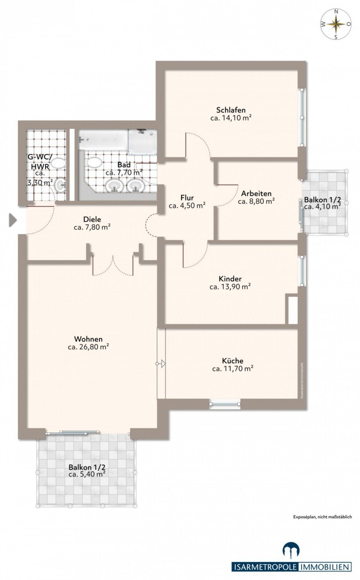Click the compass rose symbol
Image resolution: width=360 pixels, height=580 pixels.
(x=336, y=24)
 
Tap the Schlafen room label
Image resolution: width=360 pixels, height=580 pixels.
(x=231, y=110)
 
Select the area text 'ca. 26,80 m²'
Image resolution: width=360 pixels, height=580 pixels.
(x=88, y=347)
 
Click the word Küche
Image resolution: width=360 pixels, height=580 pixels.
(x=232, y=361)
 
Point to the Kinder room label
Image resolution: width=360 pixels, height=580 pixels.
(x=230, y=279)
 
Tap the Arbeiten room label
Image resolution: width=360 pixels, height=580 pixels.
(x=256, y=193)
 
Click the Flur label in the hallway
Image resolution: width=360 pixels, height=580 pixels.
(x=187, y=198)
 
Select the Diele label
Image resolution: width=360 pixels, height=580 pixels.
(x=92, y=219)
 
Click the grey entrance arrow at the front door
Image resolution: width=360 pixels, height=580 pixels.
(x=13, y=220)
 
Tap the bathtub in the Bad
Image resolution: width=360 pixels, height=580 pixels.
(x=103, y=140)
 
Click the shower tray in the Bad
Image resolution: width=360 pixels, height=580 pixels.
(x=143, y=141)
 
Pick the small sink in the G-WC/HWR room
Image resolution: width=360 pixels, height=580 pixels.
(x=61, y=186)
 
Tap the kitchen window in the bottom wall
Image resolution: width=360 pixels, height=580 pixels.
(x=225, y=404)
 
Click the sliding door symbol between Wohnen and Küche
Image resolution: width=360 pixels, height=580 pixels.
(x=161, y=364)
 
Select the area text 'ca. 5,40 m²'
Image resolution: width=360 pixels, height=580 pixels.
(x=87, y=474)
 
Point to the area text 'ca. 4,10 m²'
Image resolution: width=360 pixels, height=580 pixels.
(x=322, y=207)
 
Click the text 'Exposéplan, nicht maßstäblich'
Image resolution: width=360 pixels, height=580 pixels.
(x=322, y=517)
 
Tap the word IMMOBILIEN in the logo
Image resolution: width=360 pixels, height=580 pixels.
(x=325, y=567)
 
